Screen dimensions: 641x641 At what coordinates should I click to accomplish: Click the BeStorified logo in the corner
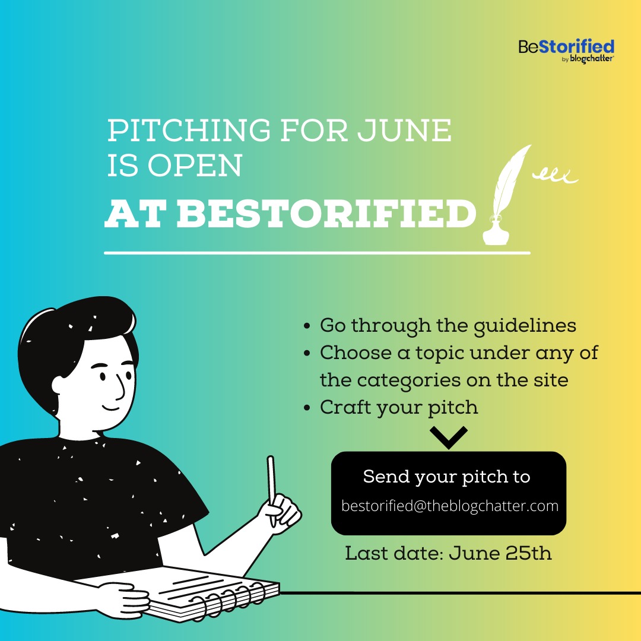(566, 51)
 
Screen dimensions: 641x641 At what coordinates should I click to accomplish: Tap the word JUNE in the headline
(404, 131)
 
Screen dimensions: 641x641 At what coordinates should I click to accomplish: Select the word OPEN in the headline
(195, 166)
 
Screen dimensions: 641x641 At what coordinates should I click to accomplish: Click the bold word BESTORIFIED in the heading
(326, 214)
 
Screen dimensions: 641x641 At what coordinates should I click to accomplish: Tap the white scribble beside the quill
(555, 176)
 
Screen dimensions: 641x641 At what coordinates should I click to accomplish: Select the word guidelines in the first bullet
(525, 326)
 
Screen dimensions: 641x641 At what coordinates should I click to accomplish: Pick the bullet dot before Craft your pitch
(307, 408)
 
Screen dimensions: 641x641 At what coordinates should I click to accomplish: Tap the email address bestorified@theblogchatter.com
(450, 506)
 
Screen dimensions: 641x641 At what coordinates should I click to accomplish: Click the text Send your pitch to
(446, 477)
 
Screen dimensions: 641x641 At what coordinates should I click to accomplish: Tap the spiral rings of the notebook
(227, 601)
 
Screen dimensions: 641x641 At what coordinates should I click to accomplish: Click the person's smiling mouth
(110, 408)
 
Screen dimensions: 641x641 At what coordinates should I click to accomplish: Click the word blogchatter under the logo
(592, 59)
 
